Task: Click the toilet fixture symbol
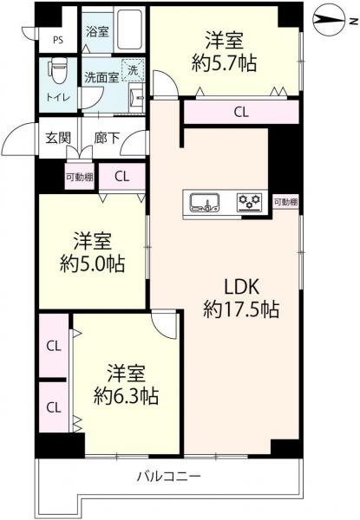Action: (58, 70)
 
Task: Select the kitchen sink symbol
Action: (205, 202)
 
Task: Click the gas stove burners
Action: (250, 202)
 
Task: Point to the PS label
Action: (58, 40)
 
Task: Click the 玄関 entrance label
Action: (58, 137)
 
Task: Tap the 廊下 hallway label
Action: (106, 138)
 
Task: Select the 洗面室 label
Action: (101, 78)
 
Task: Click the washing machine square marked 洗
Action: (133, 70)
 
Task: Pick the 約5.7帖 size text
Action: (224, 63)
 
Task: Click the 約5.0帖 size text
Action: (92, 264)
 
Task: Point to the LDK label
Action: (241, 287)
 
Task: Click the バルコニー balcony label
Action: (169, 477)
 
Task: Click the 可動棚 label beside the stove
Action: (285, 202)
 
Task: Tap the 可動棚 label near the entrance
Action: (80, 177)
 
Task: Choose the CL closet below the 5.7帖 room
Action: (241, 112)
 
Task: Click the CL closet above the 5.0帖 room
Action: (121, 177)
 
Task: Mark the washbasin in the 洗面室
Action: (136, 98)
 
